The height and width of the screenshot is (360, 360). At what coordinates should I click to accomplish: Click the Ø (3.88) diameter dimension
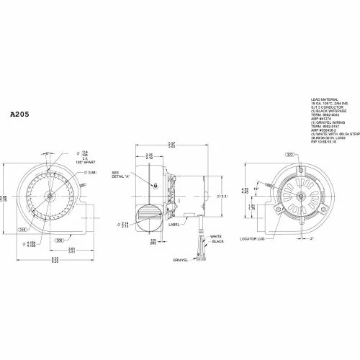tap(91, 172)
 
